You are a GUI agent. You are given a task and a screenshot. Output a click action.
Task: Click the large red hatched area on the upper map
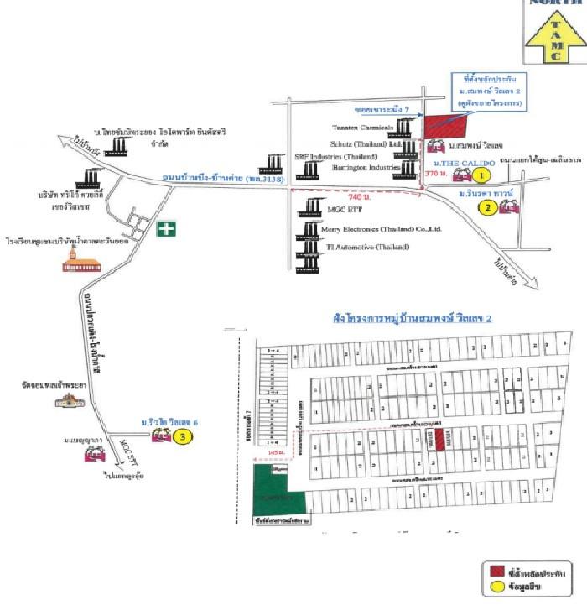[x=444, y=125]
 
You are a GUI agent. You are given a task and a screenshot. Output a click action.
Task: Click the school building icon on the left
[x=74, y=259]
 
